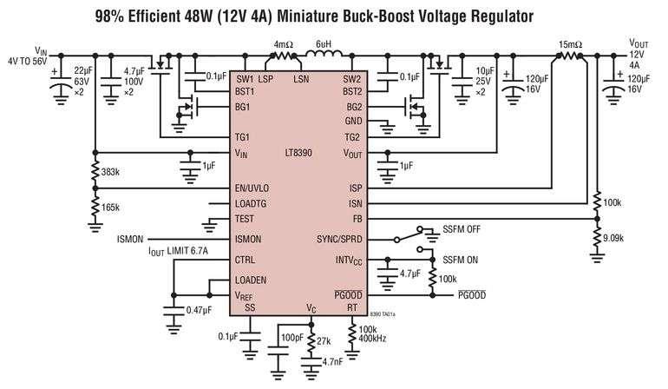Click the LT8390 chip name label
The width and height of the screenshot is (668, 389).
pyautogui.click(x=298, y=152)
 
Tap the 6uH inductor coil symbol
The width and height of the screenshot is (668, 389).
pyautogui.click(x=324, y=54)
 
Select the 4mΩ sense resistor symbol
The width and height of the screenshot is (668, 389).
pyautogui.click(x=284, y=56)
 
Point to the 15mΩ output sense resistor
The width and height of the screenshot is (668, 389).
pyautogui.click(x=569, y=56)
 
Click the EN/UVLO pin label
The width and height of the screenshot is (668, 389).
pyautogui.click(x=252, y=188)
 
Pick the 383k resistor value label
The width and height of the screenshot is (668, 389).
pyautogui.click(x=110, y=172)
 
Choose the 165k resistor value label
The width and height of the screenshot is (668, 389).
pyautogui.click(x=110, y=208)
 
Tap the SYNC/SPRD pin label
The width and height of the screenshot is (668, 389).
pyautogui.click(x=339, y=240)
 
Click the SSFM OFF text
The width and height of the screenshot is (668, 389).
pyautogui.click(x=462, y=229)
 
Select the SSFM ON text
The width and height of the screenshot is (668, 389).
pyautogui.click(x=460, y=260)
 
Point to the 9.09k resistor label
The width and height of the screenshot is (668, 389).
pyautogui.click(x=613, y=238)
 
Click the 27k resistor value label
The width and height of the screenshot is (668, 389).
pyautogui.click(x=324, y=341)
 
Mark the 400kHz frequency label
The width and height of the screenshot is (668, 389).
pyautogui.click(x=373, y=339)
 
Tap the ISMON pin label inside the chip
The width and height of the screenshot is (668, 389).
pyautogui.click(x=248, y=240)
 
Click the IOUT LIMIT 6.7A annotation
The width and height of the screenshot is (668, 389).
pyautogui.click(x=178, y=251)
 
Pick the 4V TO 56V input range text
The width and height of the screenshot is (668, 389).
pyautogui.click(x=27, y=62)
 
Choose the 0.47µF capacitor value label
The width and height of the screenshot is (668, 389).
pyautogui.click(x=199, y=310)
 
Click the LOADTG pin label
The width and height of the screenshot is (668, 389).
pyautogui.click(x=251, y=204)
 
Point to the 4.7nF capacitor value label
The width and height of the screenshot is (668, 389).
pyautogui.click(x=332, y=363)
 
